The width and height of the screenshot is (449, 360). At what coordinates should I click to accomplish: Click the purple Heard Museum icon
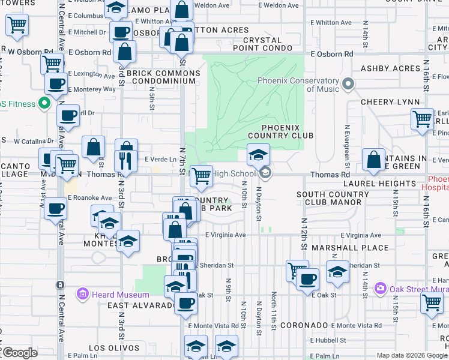click(x=82, y=294)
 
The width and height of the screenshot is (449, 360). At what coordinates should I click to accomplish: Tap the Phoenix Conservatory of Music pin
click(x=346, y=85)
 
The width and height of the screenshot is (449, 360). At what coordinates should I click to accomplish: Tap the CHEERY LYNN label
click(x=385, y=102)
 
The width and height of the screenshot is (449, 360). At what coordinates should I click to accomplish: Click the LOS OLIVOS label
click(x=109, y=348)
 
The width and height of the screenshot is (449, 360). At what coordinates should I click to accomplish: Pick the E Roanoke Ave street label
click(x=90, y=197)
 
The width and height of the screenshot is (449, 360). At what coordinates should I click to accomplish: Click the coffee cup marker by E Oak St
click(x=309, y=279)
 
